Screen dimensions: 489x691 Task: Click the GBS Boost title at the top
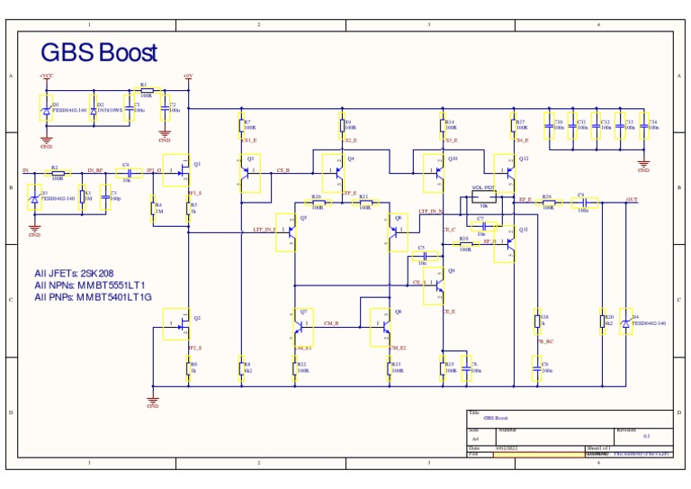(99, 53)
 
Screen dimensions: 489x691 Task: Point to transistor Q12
(506, 168)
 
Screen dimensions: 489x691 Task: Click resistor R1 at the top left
(146, 91)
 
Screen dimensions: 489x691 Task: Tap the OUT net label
(632, 199)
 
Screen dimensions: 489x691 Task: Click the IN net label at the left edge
(25, 170)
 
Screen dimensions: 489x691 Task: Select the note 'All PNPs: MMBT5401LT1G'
(93, 296)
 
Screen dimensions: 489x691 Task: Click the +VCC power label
(46, 77)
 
